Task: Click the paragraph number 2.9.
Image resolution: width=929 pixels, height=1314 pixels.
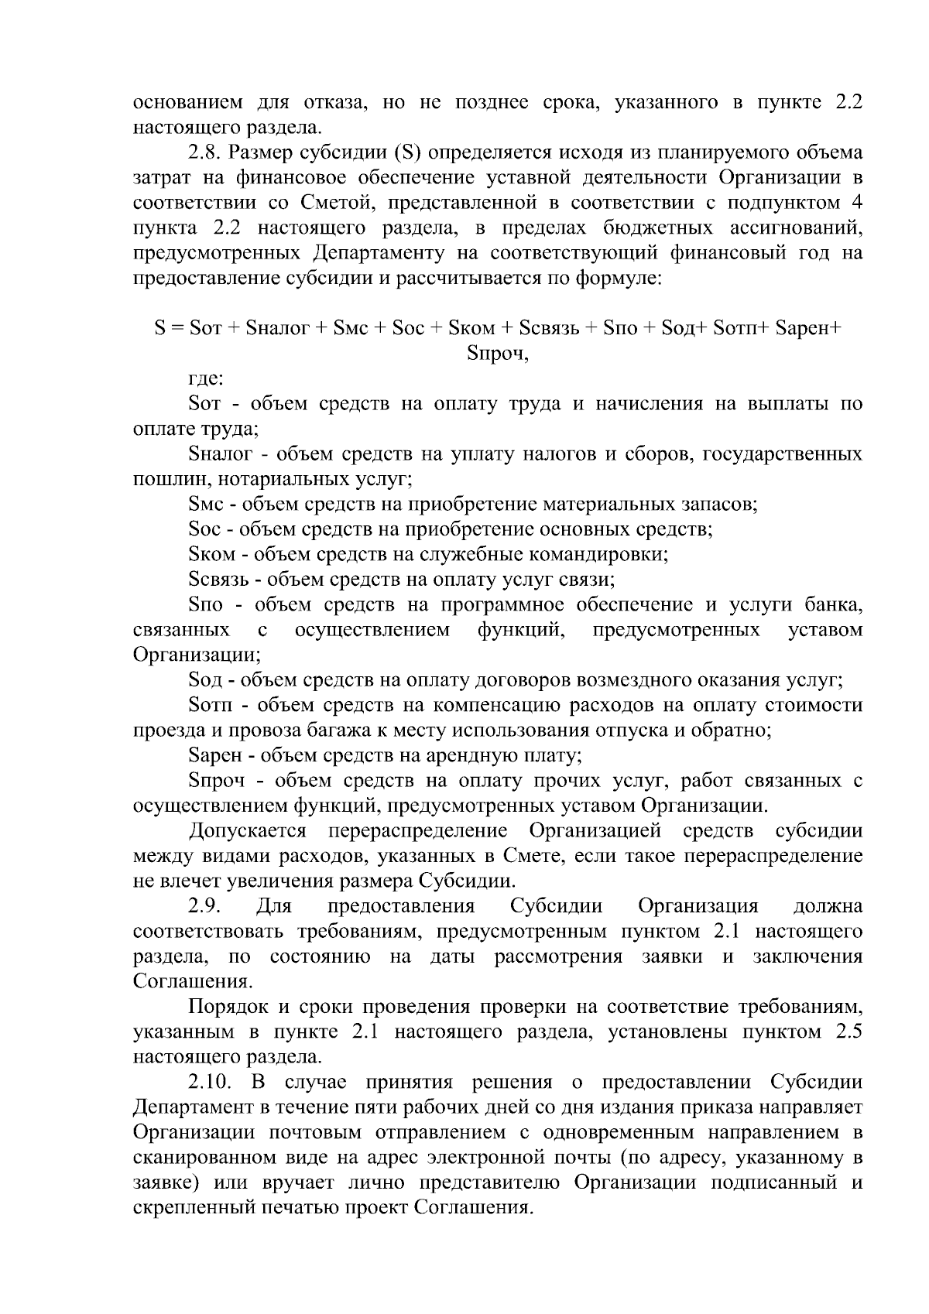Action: pyautogui.click(x=204, y=906)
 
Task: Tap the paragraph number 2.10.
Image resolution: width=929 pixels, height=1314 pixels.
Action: pyautogui.click(x=211, y=1083)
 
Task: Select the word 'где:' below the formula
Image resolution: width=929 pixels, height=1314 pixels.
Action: pyautogui.click(x=206, y=379)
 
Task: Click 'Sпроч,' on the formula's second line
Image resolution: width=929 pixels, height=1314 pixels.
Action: pyautogui.click(x=499, y=354)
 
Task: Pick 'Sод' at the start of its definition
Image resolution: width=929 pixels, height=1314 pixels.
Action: pyautogui.click(x=205, y=680)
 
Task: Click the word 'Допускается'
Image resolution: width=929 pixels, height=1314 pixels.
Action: pyautogui.click(x=247, y=831)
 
